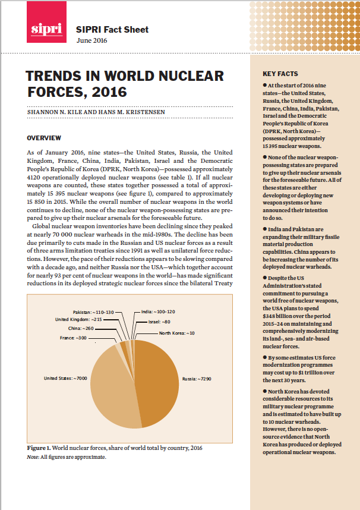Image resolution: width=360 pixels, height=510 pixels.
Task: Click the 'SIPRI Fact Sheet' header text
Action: [112, 29]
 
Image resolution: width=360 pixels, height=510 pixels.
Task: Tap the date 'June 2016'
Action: [93, 40]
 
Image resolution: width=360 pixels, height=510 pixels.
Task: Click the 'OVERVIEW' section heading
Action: [44, 138]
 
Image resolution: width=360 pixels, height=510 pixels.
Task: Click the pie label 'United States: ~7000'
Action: [67, 377]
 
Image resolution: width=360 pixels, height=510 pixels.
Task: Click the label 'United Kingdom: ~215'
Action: [78, 319]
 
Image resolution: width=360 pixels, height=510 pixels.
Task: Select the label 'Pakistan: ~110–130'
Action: [93, 311]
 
